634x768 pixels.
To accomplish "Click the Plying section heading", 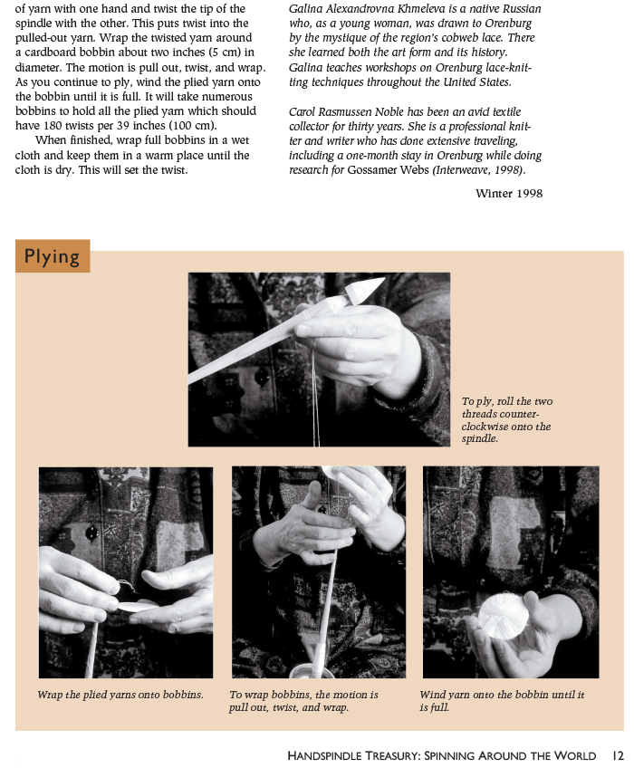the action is [x=52, y=256].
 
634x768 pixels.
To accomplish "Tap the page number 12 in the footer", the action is [x=618, y=755].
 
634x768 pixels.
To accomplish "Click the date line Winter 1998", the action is [x=509, y=194].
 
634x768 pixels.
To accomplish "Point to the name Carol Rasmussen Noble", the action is [x=342, y=111].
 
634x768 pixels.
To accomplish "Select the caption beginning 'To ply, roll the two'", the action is [x=506, y=419].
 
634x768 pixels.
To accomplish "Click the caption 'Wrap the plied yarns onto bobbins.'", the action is [x=120, y=695].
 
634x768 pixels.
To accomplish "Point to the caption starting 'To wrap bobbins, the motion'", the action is [x=303, y=701].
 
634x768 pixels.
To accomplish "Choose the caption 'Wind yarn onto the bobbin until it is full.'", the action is [x=502, y=701].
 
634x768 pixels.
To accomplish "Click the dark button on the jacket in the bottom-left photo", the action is [x=91, y=533].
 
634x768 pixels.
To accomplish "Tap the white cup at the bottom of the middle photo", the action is [x=312, y=670].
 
